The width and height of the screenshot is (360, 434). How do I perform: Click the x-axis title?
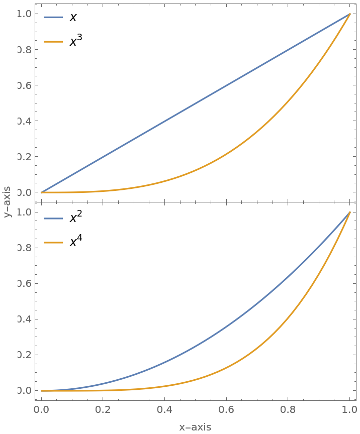(195, 427)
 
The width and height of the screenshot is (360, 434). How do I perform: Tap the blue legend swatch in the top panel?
(53, 17)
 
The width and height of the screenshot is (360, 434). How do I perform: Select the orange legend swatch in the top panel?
(53, 42)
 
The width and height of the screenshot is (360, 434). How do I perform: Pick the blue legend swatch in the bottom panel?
(53, 219)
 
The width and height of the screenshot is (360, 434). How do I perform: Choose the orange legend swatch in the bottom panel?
(53, 243)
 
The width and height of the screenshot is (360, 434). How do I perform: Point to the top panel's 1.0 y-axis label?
(25, 14)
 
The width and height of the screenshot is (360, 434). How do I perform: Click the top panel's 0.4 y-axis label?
(25, 121)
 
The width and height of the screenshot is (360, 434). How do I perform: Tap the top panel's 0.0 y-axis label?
(25, 192)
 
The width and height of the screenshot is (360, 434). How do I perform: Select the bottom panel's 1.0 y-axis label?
(25, 212)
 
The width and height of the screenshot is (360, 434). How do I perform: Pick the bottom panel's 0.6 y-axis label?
(25, 283)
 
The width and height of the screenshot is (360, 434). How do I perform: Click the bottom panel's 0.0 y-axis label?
(25, 390)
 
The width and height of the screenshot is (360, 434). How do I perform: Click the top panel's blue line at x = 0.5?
(196, 103)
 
